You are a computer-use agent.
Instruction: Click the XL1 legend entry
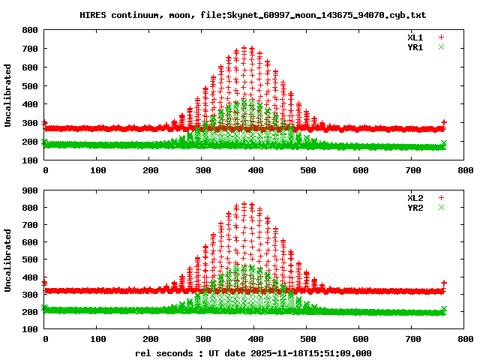point(415,37)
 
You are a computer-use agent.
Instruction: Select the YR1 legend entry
point(415,46)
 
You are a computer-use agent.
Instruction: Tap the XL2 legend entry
point(415,197)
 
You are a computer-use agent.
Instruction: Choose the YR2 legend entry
point(415,207)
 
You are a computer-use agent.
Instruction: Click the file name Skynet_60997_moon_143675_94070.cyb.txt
point(314,15)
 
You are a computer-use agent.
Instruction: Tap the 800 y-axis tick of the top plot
point(31,30)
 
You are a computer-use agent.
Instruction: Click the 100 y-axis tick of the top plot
point(31,160)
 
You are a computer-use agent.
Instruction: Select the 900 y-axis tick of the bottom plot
point(31,190)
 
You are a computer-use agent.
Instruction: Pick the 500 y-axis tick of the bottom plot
point(31,259)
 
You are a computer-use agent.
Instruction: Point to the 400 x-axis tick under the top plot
point(254,171)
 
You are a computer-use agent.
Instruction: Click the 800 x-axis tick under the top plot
point(464,171)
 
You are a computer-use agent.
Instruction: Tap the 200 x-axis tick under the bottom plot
point(149,339)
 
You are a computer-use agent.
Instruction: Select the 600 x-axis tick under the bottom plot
point(359,339)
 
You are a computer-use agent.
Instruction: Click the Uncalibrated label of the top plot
point(8,95)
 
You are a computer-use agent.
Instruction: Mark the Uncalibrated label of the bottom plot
point(8,259)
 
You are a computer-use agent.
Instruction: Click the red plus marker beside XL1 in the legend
point(442,37)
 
